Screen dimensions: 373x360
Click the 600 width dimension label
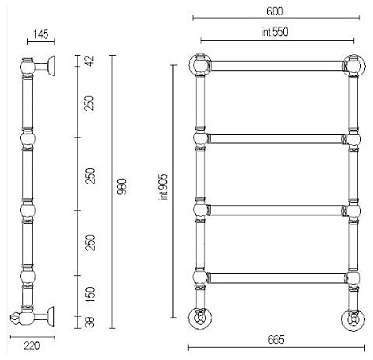click(275, 12)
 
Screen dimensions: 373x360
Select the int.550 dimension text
click(274, 32)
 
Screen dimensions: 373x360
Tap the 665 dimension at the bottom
click(276, 340)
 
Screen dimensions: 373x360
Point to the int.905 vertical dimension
click(164, 187)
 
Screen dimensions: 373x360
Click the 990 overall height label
click(123, 187)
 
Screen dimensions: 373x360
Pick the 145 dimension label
click(41, 34)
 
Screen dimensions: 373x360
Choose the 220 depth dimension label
click(32, 346)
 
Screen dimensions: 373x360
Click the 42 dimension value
click(89, 61)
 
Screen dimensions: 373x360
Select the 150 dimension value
click(90, 295)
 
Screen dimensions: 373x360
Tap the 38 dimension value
click(90, 322)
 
